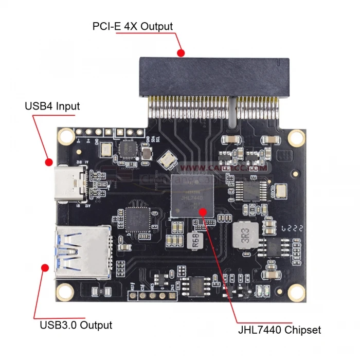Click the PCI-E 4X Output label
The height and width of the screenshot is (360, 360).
pos(133,26)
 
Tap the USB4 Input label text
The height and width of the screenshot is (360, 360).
pos(52,106)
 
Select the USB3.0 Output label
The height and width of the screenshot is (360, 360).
pos(76,325)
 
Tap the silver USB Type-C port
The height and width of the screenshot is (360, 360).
pos(72,182)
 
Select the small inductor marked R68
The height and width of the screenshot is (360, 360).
pos(196,241)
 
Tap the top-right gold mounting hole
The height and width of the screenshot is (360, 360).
pos(296,137)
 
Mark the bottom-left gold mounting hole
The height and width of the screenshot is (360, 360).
pos(64,291)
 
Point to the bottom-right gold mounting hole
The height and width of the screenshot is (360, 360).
pos(296,292)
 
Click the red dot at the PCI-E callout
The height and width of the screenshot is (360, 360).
pos(181,52)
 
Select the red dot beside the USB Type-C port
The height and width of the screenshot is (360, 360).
pos(48,162)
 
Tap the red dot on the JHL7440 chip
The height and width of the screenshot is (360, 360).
pos(204,211)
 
